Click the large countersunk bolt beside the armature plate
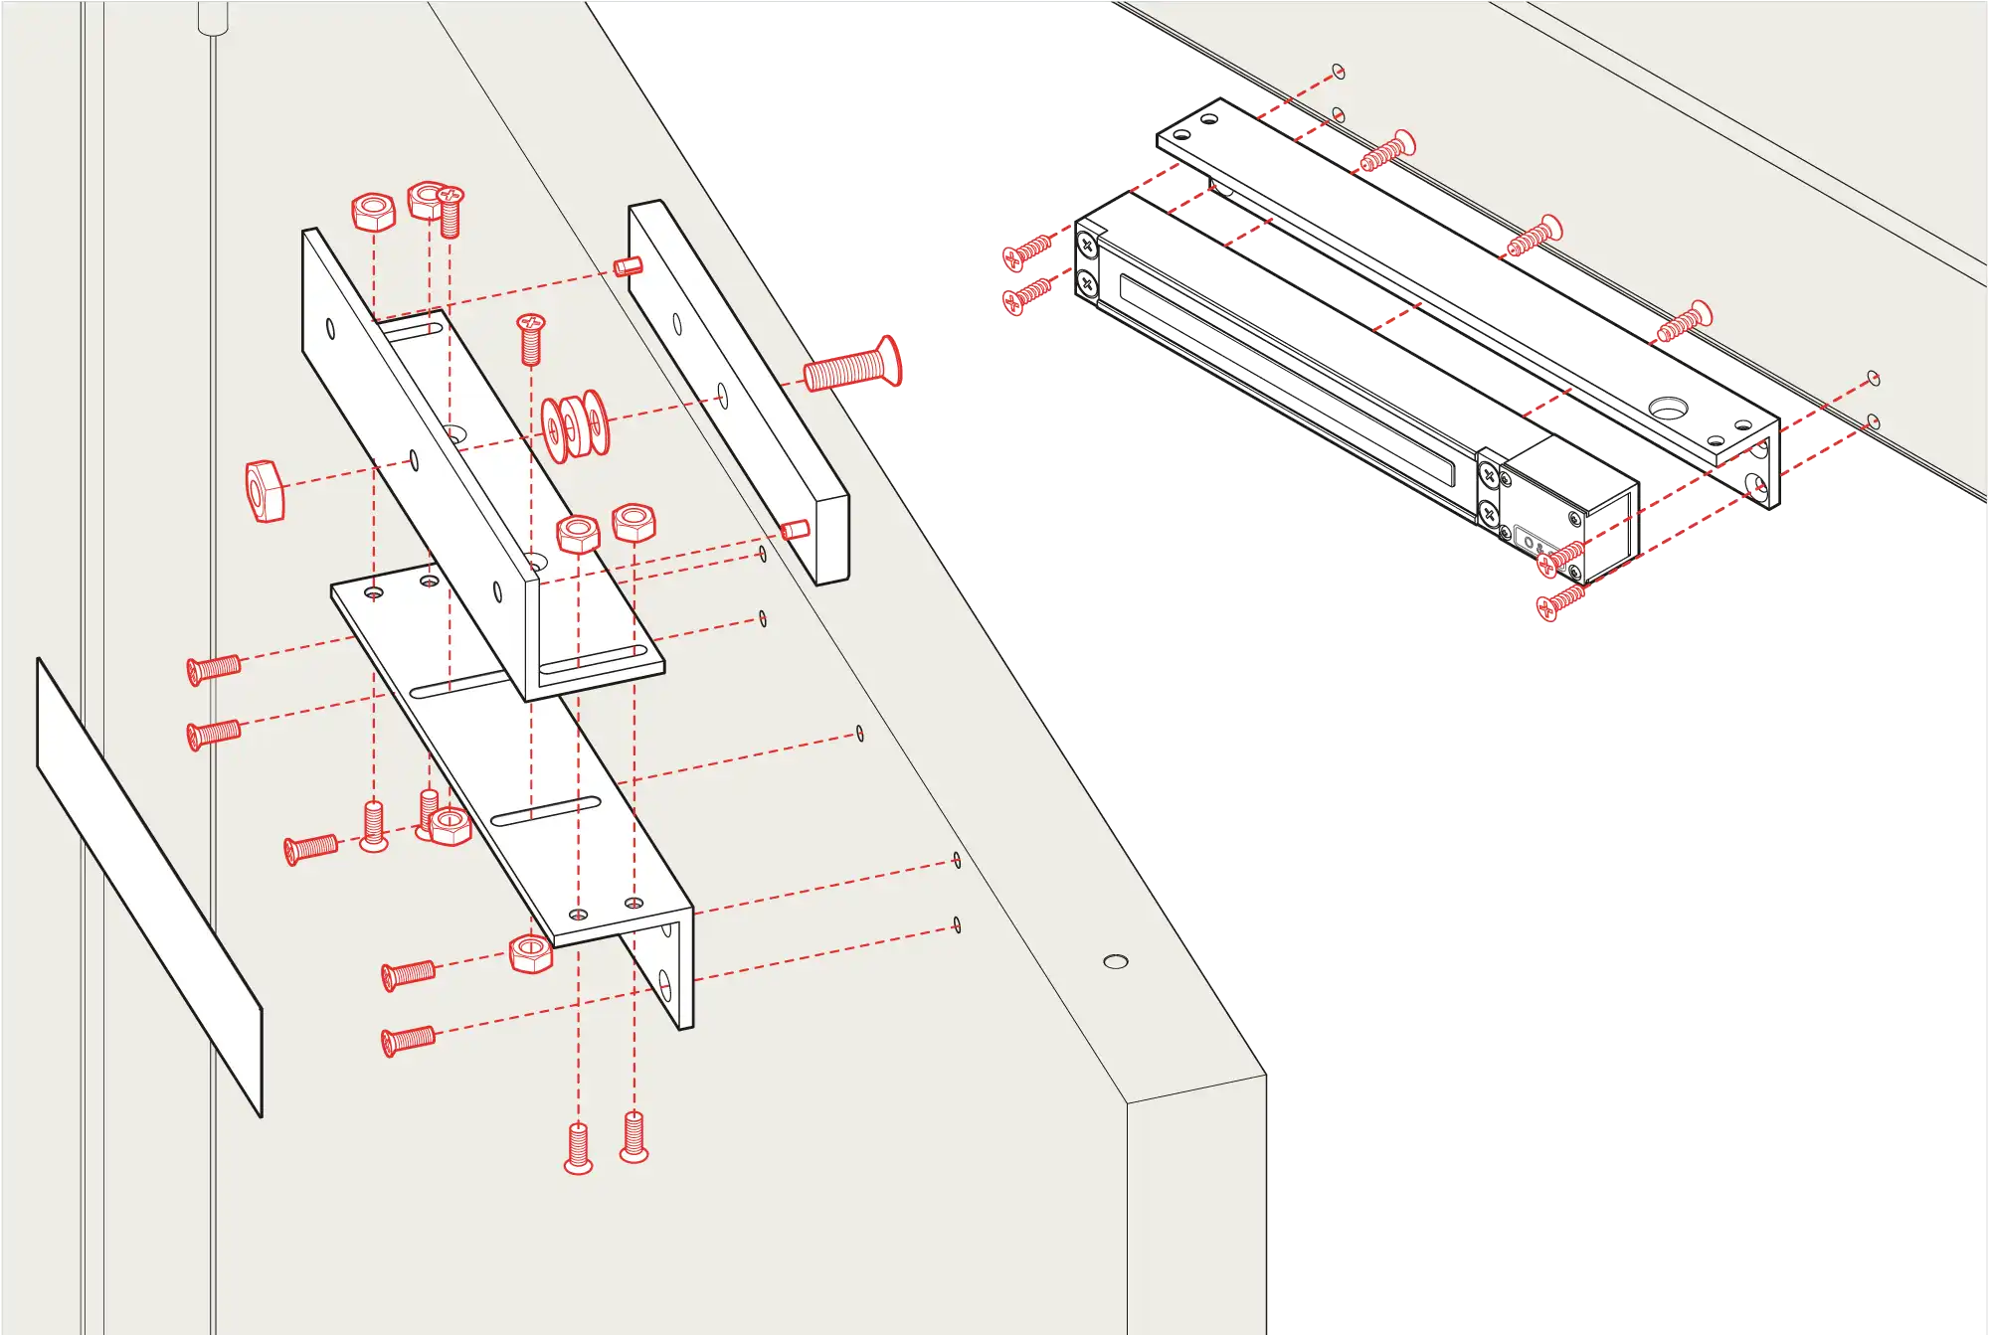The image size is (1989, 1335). (852, 366)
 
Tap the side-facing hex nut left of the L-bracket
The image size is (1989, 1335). (265, 490)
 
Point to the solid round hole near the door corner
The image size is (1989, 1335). (1116, 961)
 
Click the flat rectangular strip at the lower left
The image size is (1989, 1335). (149, 887)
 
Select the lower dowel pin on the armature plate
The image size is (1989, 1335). (795, 529)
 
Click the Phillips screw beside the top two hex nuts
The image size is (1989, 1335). (450, 212)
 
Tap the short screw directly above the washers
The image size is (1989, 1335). (531, 338)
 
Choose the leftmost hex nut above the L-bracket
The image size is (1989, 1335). (374, 212)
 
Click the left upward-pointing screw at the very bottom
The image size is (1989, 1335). (579, 1148)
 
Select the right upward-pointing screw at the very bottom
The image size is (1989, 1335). (634, 1137)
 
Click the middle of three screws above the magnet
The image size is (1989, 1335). (1535, 237)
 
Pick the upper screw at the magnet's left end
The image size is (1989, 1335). (1027, 250)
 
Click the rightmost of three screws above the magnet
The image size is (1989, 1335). (1684, 320)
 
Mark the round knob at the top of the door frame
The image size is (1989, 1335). (213, 17)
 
